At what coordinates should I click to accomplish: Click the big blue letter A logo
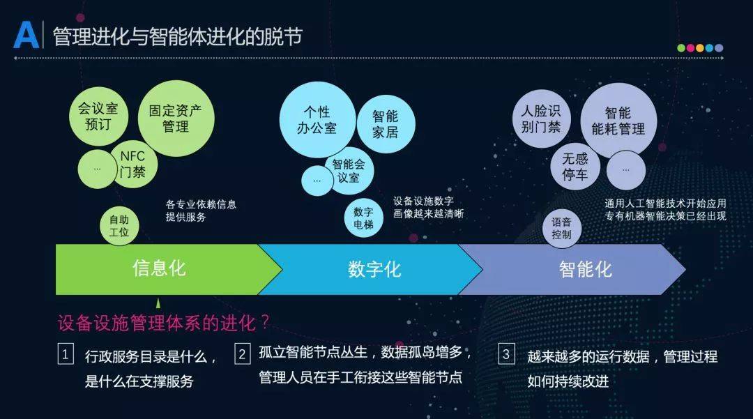coord(26,35)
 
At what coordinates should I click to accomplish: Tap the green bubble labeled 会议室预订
coord(98,116)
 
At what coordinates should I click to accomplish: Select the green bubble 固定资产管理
coord(176,118)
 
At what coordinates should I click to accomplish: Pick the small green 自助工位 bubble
coord(119,227)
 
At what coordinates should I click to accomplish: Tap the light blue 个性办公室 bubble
coord(317,119)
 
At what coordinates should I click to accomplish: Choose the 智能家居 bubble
coord(386,124)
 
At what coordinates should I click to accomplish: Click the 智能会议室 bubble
coord(349,171)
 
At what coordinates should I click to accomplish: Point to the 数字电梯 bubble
coord(363,218)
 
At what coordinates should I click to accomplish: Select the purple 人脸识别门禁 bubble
coord(541,119)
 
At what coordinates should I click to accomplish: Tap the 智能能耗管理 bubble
coord(618,121)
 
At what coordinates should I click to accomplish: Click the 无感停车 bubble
coord(575,167)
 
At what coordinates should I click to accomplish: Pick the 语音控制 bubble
coord(561,229)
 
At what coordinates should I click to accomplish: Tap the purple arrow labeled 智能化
coord(577,269)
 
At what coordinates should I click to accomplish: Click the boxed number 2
coord(242,354)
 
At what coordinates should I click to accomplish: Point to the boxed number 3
coord(505,354)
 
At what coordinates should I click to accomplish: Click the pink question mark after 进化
coord(265,322)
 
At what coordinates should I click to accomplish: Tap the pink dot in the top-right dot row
coord(690,48)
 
